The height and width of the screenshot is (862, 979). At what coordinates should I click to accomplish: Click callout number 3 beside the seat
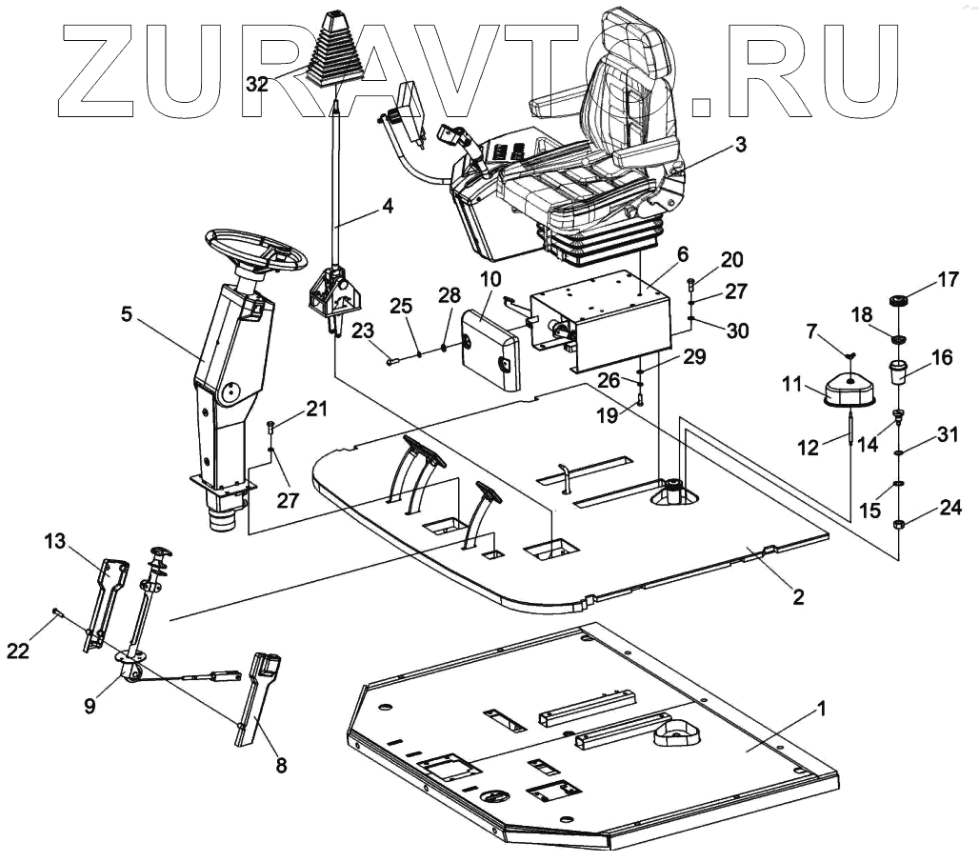coord(740,146)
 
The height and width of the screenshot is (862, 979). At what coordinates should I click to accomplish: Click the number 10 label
coord(489,279)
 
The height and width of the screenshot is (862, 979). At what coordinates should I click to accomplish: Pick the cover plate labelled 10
coord(489,348)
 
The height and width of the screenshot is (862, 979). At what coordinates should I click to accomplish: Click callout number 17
coord(947,281)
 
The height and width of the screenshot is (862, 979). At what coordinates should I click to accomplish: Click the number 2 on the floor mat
coord(798,598)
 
